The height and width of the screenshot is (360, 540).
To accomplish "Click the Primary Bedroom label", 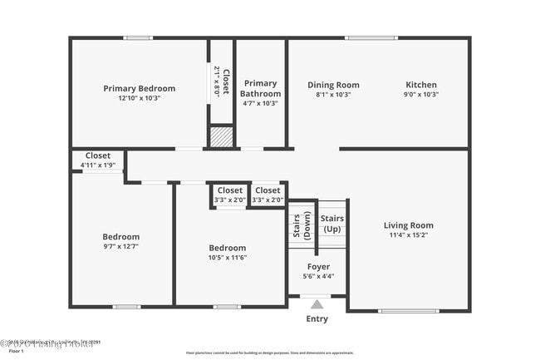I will coord(139,88).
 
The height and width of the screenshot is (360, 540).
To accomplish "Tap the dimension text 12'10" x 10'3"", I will coord(139,98).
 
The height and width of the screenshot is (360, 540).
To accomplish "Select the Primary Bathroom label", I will coord(261,88).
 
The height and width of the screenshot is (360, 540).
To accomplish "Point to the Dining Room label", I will coord(333,84).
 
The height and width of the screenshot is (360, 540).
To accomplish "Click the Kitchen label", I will coord(420,84).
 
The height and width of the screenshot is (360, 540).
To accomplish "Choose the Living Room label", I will coord(408,224).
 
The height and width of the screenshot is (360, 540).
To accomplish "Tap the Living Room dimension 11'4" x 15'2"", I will coord(408,235).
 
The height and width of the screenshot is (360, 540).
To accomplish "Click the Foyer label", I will coord(318,267).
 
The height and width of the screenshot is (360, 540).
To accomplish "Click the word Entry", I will coord(317,318).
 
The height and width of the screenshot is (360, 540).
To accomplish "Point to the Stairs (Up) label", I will coord(331,223).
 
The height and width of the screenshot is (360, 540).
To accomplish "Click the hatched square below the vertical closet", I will coord(221,136).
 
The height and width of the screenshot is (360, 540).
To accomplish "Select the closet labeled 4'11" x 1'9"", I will coord(97,160).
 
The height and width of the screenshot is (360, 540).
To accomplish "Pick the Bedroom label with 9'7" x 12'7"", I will coord(120,236).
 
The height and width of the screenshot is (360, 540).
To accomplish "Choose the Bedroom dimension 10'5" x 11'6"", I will coord(227,258).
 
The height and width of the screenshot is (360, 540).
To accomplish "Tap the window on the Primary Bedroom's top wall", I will coord(138,37).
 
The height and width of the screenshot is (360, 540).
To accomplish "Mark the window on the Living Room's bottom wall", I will coord(397,311).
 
